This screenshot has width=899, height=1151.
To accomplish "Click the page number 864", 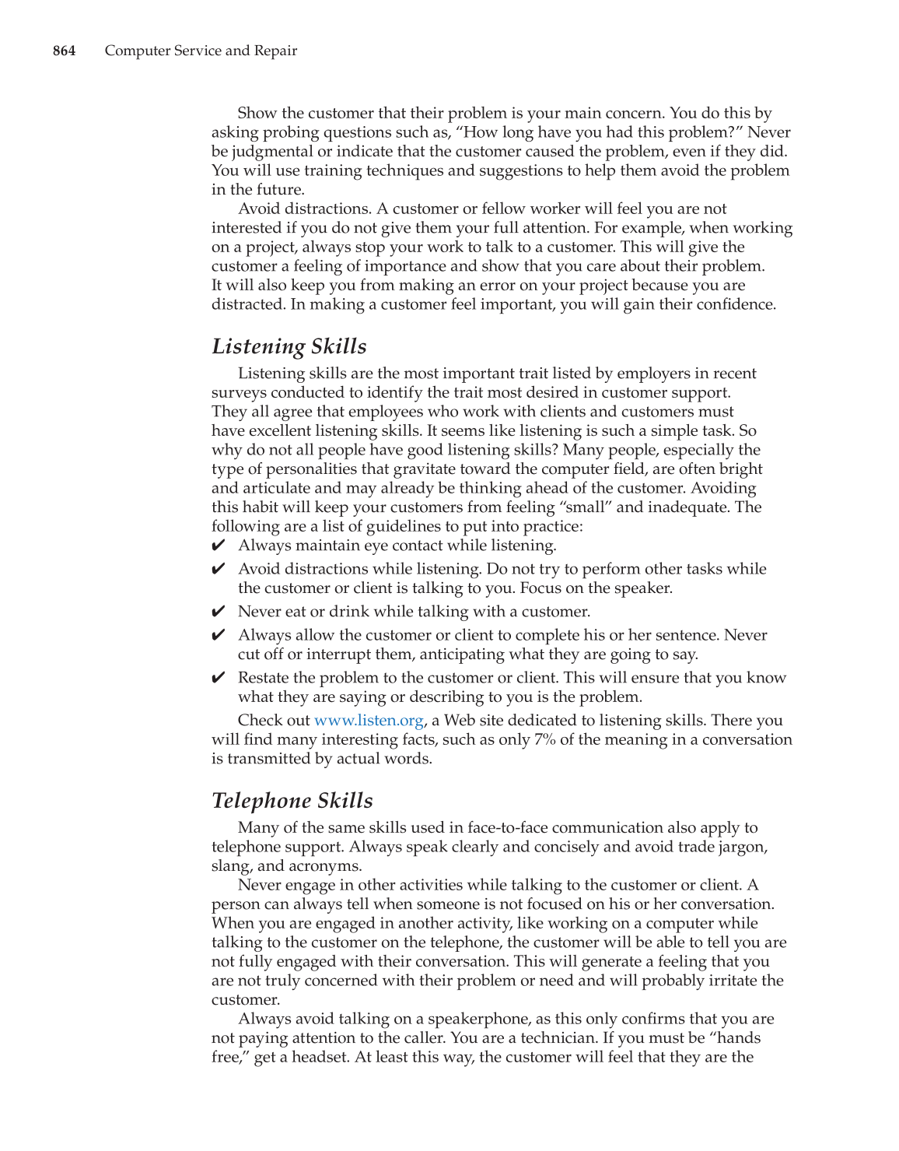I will tap(64, 51).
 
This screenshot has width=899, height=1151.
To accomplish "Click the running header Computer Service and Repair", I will tap(201, 51).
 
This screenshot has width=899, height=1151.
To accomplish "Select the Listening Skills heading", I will tap(289, 346).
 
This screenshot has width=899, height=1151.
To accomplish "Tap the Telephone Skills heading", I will tap(292, 801).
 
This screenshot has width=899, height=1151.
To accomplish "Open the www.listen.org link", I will tap(369, 721).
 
